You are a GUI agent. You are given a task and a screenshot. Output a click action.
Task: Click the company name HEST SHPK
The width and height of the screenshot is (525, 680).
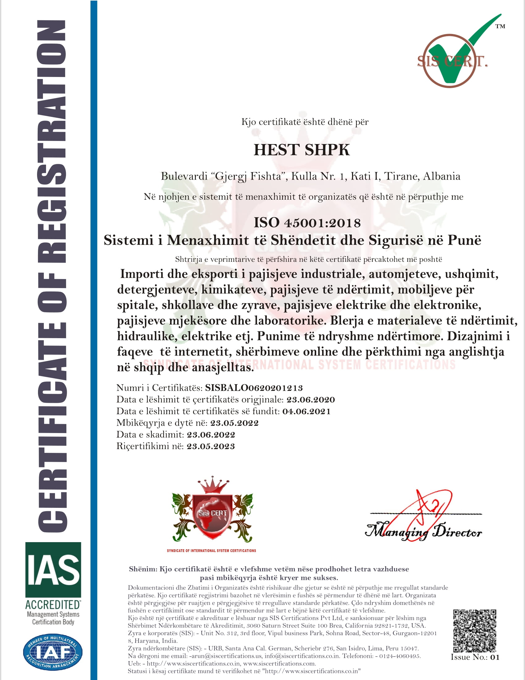(301, 150)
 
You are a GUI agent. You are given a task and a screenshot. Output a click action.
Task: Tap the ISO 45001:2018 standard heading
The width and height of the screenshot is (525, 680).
(307, 223)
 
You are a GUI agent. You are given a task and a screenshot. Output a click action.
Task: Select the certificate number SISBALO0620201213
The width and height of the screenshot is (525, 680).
(254, 388)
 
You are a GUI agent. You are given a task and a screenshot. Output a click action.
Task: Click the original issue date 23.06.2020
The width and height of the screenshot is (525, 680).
(310, 400)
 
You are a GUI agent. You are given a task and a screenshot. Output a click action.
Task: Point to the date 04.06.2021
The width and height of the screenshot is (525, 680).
(306, 412)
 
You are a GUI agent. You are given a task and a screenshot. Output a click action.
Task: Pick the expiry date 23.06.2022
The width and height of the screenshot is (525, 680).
(211, 435)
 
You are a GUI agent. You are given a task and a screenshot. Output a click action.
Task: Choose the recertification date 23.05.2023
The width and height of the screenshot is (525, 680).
(211, 447)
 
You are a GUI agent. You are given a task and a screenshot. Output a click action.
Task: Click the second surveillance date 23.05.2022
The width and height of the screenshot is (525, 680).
(234, 423)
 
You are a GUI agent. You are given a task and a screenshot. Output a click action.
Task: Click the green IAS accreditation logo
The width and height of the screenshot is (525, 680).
(53, 570)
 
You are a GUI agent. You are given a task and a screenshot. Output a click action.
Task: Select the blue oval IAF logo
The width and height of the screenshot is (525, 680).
(53, 652)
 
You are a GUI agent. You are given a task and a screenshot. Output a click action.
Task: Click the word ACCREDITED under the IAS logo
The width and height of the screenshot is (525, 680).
(53, 605)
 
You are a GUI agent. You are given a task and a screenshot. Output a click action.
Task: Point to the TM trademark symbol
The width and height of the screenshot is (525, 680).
(500, 27)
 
